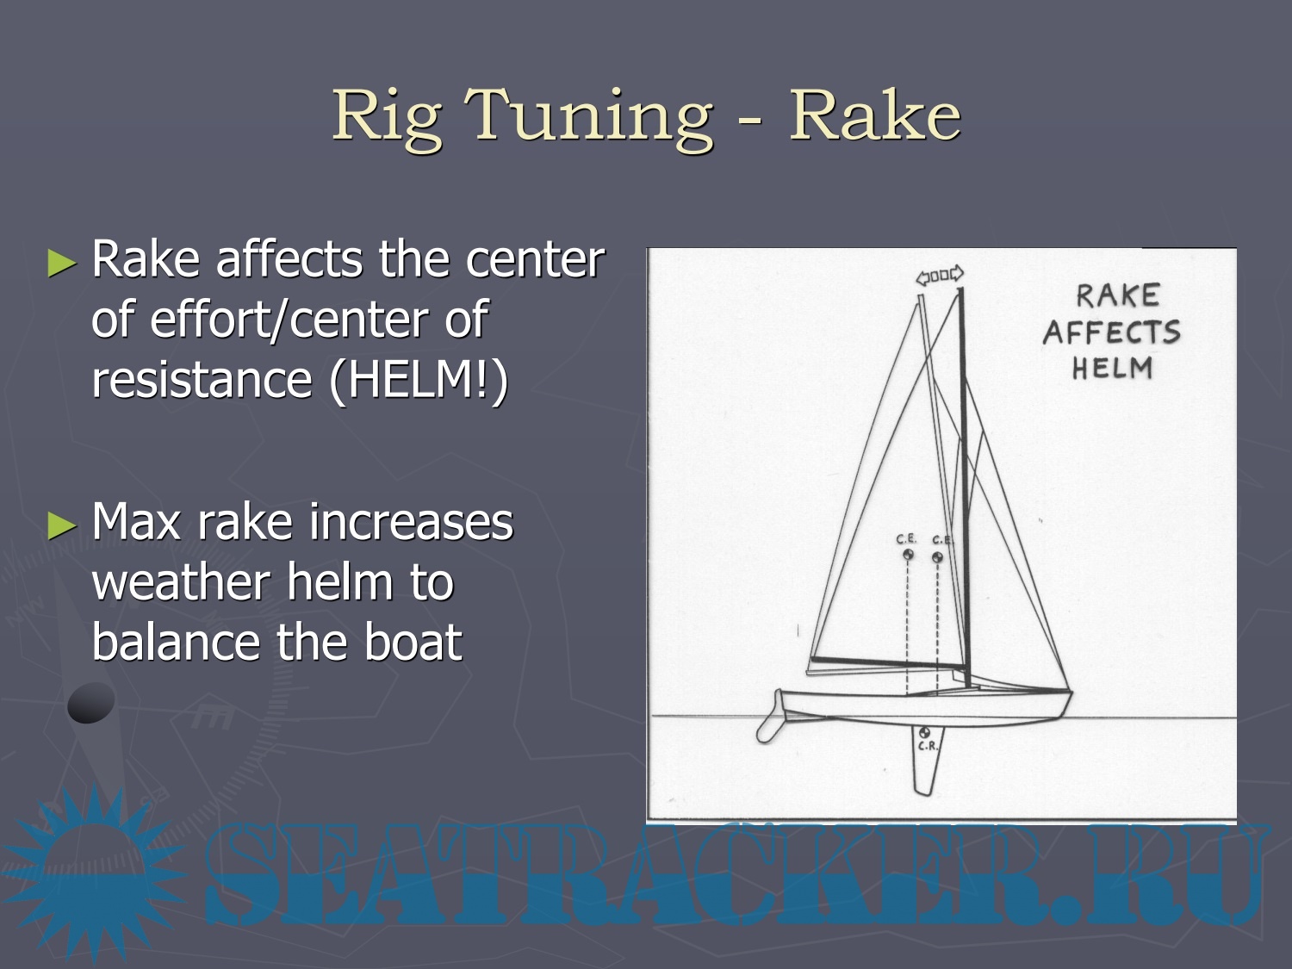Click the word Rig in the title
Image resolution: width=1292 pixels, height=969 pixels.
coord(387,118)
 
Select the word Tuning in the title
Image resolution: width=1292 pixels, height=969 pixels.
coord(588,118)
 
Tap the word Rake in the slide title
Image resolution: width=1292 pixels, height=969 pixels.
coord(874,115)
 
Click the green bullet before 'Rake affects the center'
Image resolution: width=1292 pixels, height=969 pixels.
coord(62,263)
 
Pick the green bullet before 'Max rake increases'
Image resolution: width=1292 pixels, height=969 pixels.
coord(62,525)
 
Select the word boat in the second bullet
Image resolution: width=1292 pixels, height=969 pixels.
coord(413,642)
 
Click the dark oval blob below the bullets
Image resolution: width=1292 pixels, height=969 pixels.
coord(90,703)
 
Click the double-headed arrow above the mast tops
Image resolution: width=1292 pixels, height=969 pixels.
coord(940,275)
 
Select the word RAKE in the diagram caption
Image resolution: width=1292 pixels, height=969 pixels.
coord(1118,295)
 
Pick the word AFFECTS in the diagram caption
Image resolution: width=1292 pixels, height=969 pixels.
coord(1112,332)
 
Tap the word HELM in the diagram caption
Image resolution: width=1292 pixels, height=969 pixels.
coord(1112,369)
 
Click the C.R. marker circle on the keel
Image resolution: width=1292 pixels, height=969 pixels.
coord(924,732)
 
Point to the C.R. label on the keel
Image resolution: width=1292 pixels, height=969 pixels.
coord(928,747)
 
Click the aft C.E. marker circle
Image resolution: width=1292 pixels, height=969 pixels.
coord(908,554)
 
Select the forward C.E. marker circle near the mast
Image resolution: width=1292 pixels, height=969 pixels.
coord(938,556)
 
